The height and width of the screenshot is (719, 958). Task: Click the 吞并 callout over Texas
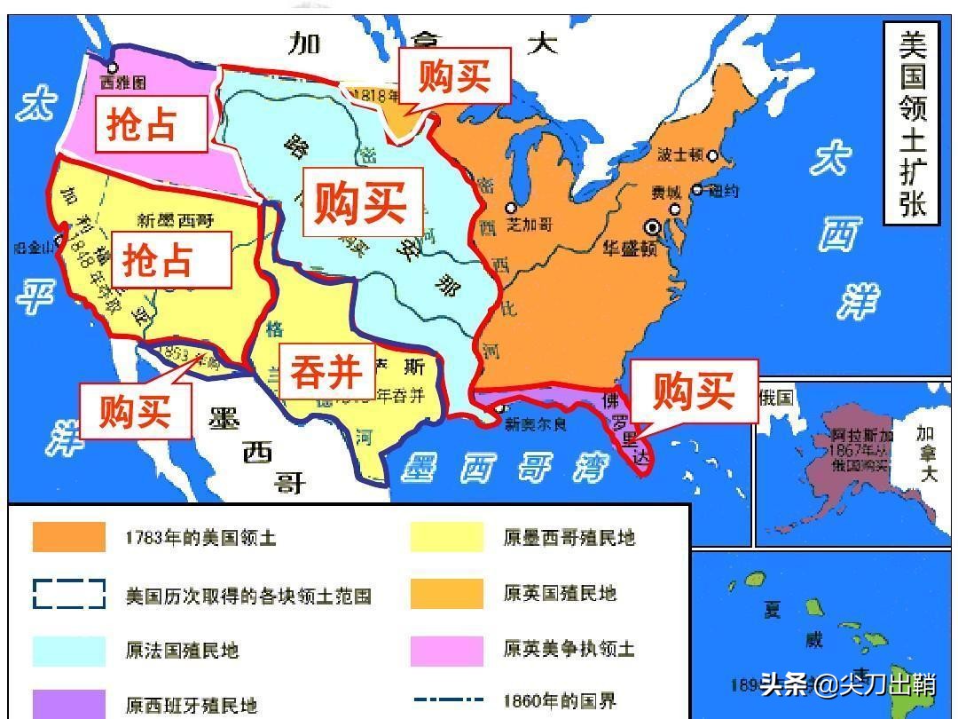coord(326,373)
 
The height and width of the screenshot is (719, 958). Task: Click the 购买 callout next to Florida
coord(694,391)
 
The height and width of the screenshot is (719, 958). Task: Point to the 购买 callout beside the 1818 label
coord(453,75)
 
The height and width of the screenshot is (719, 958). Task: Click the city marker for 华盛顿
coord(654,227)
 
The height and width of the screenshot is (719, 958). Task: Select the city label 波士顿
coord(679,154)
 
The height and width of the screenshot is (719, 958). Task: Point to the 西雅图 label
coord(122,83)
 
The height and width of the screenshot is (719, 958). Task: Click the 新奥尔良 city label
coord(535,424)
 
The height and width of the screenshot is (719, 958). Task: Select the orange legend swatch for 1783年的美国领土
coord(69,537)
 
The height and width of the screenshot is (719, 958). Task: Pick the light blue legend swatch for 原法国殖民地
coord(69,650)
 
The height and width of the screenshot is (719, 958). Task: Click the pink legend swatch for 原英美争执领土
coord(446,650)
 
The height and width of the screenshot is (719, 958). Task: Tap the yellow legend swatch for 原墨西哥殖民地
coord(446,537)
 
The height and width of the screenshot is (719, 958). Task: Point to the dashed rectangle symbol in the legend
coord(69,594)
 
